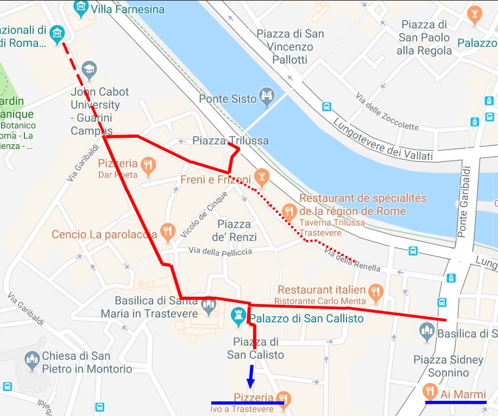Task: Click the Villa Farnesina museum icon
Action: click(81, 7)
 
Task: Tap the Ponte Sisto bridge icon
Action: click(266, 96)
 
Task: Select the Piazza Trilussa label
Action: click(230, 140)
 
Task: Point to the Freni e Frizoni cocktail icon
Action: click(262, 176)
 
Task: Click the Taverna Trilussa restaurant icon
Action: click(289, 210)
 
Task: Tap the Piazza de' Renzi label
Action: click(234, 231)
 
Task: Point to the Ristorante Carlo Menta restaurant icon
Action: click(375, 293)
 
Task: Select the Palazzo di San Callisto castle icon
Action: click(238, 315)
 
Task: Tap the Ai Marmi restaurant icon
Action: click(430, 391)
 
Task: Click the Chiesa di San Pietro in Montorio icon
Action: click(32, 360)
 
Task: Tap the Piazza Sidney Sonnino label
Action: click(448, 366)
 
